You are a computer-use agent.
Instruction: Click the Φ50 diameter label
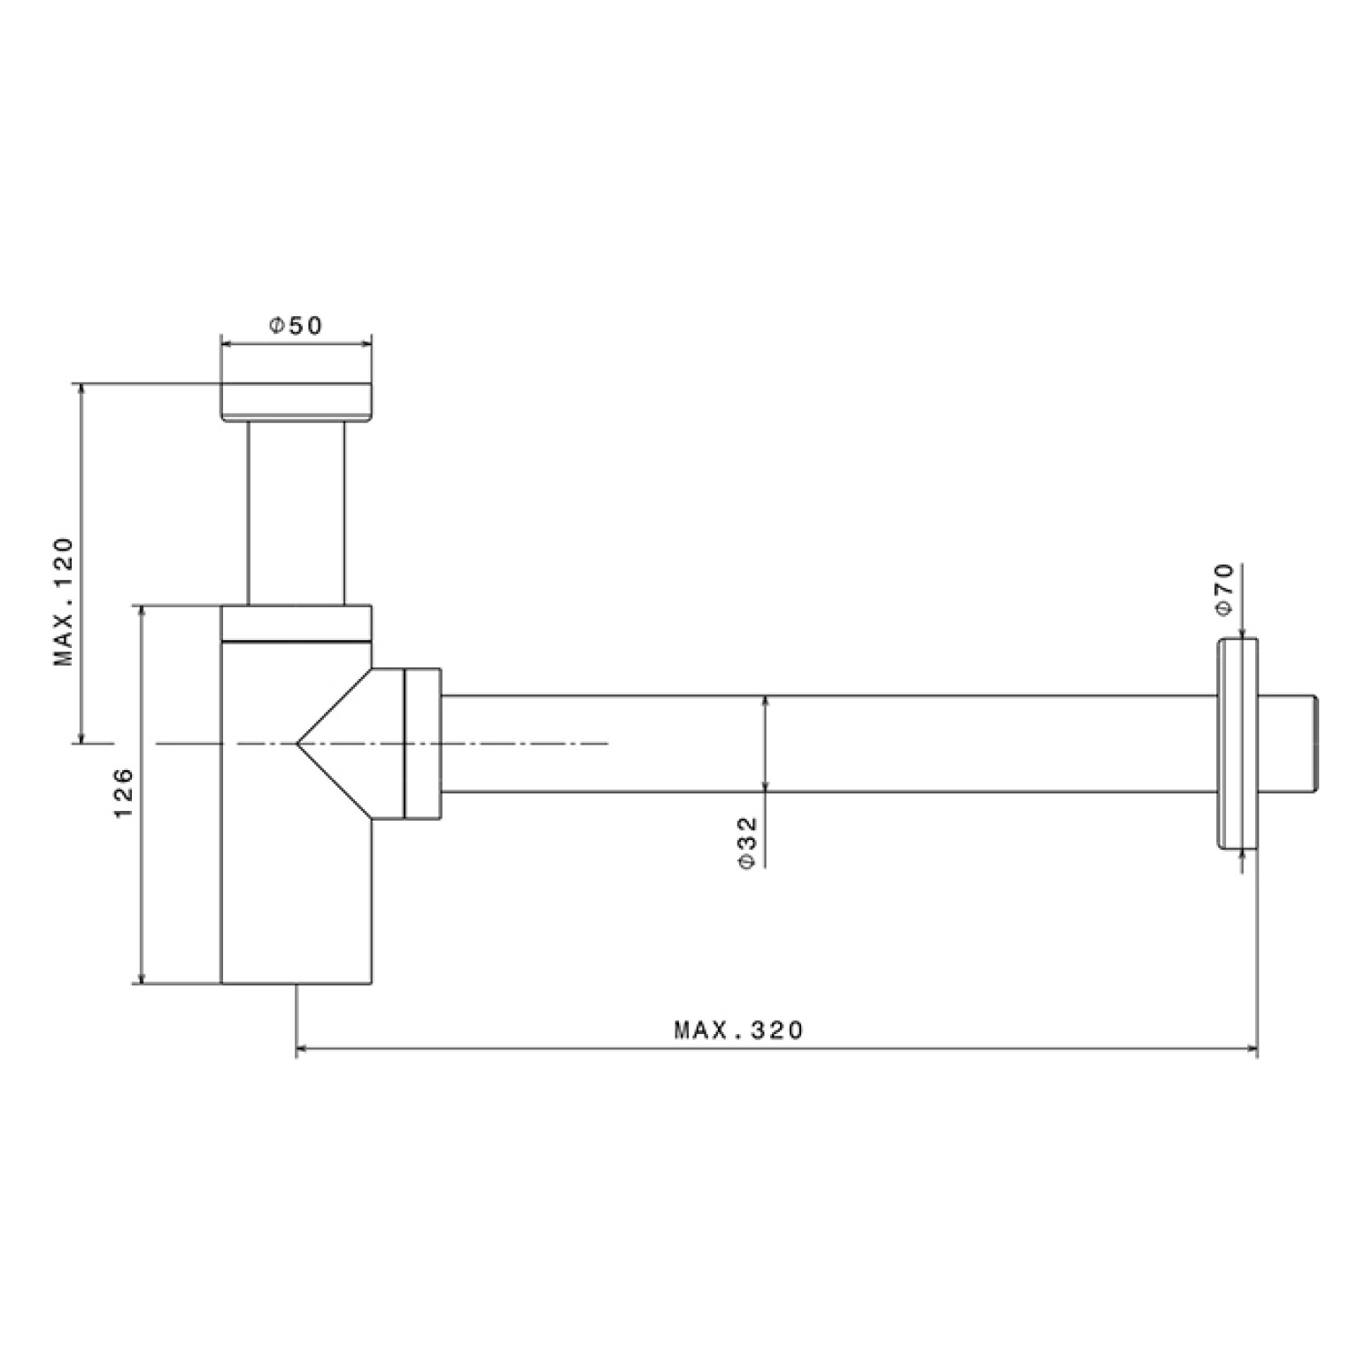tap(297, 326)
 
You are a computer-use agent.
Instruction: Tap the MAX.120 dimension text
tap(65, 602)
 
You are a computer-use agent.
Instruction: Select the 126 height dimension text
tap(123, 792)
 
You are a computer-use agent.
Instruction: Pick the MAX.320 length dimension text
tap(739, 1030)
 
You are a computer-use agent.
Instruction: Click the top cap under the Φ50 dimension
tap(296, 402)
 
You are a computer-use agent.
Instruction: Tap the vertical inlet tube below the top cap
tap(296, 513)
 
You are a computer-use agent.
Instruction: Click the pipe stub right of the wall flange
tap(1289, 744)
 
